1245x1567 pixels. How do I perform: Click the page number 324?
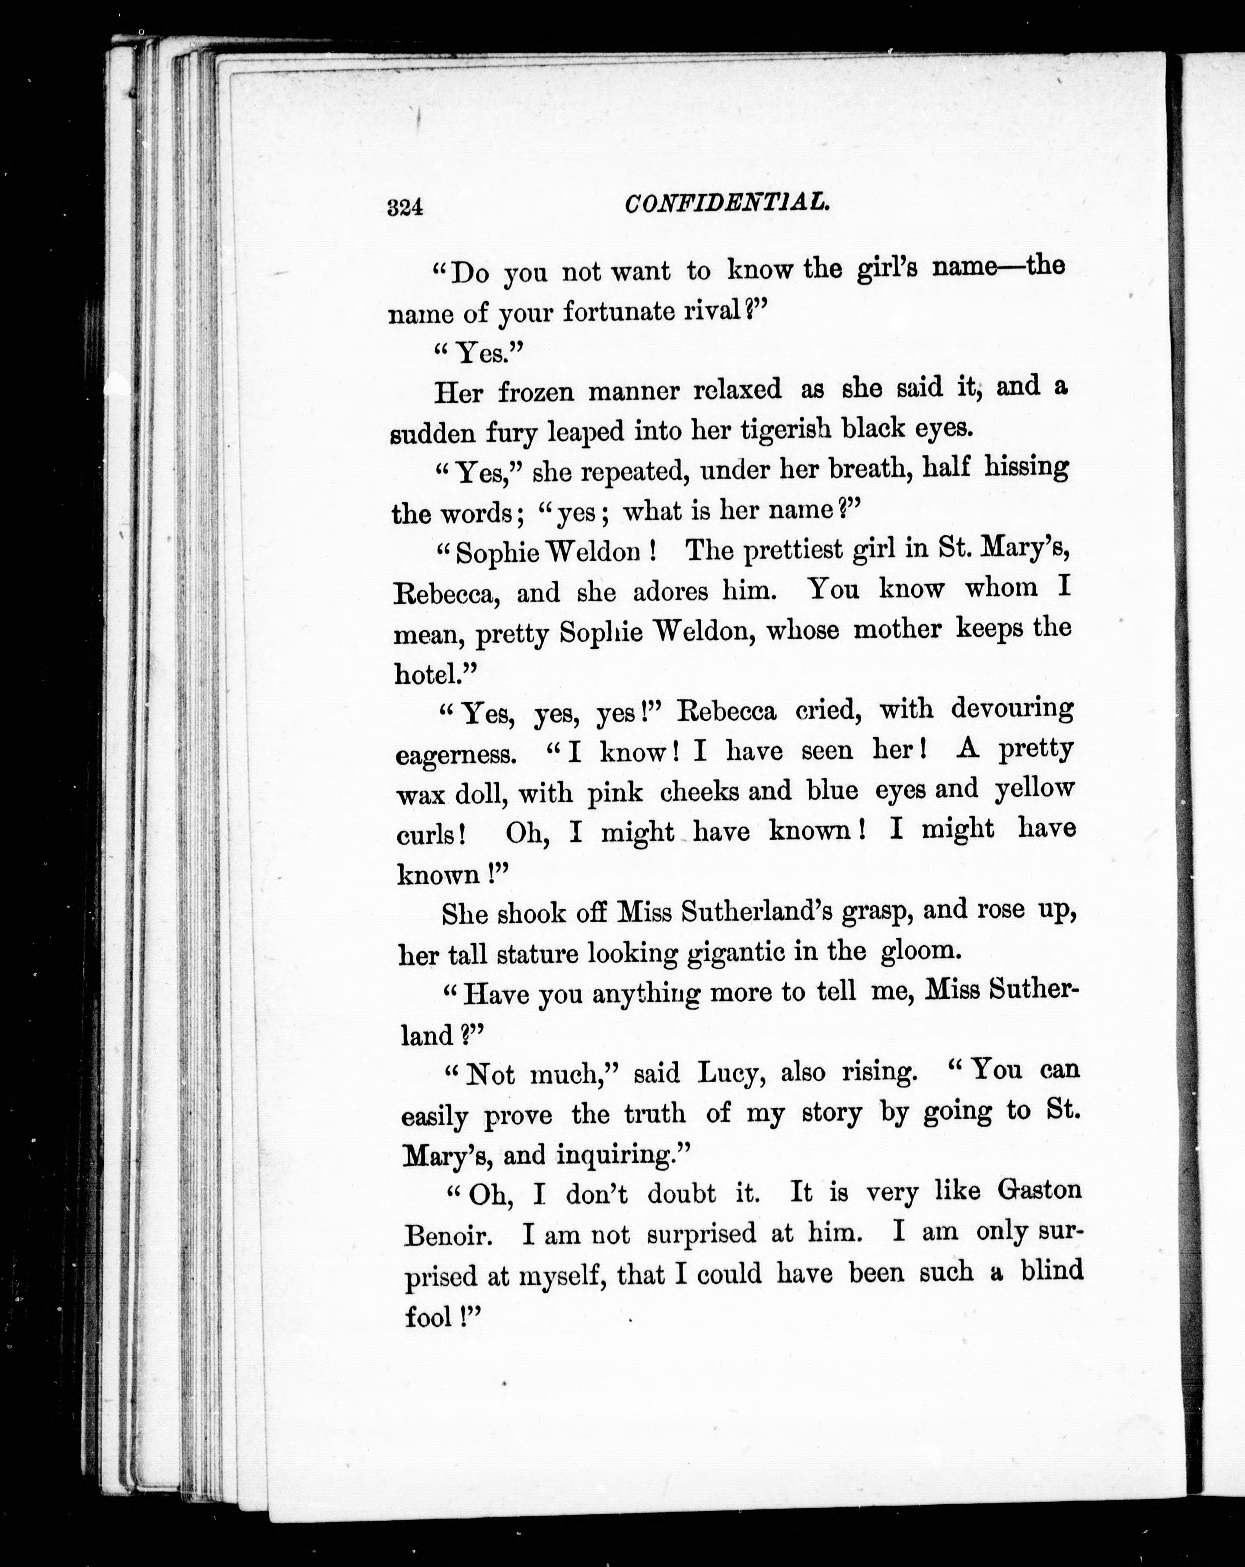405,208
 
